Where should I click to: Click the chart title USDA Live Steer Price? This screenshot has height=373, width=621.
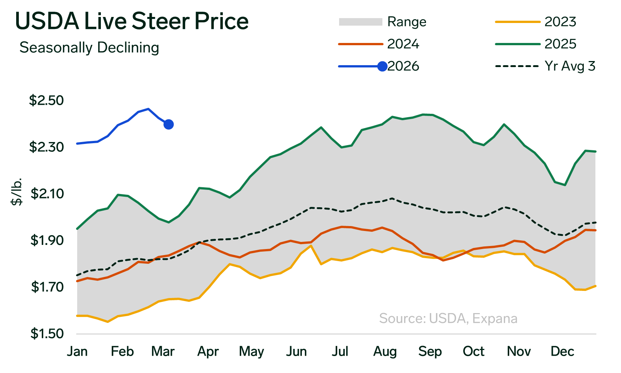point(132,21)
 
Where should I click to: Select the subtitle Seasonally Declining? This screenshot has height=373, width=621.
point(89,48)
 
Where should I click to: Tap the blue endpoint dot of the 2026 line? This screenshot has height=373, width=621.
point(169,124)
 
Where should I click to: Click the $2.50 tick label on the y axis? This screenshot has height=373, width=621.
point(46,101)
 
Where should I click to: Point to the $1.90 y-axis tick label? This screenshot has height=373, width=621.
point(46,240)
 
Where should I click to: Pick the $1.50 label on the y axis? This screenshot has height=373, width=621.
point(46,334)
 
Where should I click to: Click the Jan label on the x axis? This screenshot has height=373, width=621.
point(78,352)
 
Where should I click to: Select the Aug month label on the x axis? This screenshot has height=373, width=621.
point(385,352)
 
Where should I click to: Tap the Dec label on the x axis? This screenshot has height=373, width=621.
point(562,352)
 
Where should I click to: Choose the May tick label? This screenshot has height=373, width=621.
point(251,352)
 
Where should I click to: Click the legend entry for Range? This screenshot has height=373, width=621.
point(406,22)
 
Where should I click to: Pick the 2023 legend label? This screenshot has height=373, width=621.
point(560,22)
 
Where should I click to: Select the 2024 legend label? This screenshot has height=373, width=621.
point(403,44)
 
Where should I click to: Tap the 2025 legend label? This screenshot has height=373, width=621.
point(560,44)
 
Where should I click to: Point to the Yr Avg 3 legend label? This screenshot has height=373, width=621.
point(570,66)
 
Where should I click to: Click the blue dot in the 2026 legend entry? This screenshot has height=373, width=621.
point(382,66)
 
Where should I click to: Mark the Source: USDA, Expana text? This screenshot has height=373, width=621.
point(448,318)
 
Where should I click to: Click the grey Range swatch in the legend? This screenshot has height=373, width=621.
point(360,22)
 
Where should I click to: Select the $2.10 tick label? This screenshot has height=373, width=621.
point(46,194)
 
